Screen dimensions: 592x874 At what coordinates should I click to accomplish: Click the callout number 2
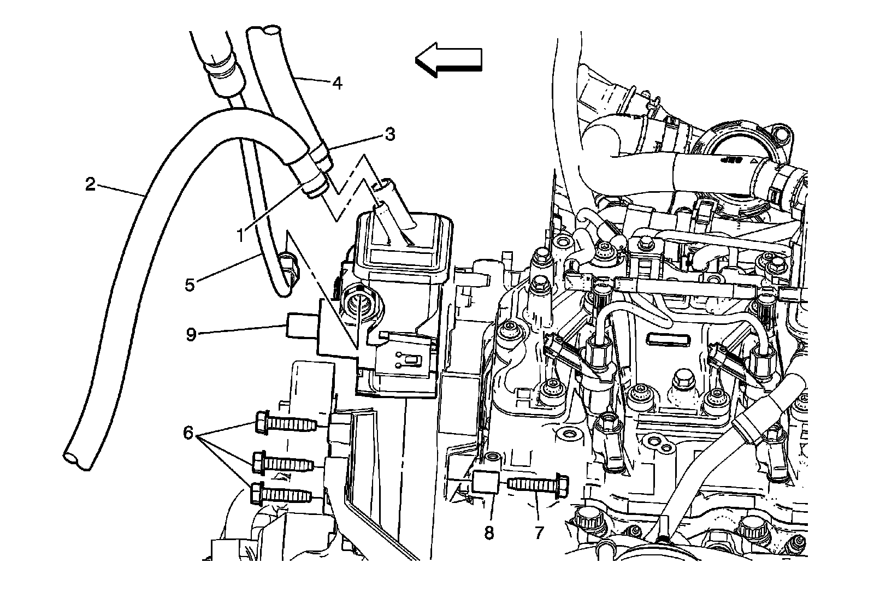[x=90, y=184]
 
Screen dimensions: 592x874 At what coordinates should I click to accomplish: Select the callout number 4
[x=338, y=84]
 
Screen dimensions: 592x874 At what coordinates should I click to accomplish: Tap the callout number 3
[x=389, y=134]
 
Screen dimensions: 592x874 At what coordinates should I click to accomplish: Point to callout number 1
[x=240, y=236]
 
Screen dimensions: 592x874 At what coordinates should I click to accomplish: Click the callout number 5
[x=190, y=285]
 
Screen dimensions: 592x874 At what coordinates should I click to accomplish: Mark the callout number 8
[x=489, y=532]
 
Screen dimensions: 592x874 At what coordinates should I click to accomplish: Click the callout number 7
[x=539, y=532]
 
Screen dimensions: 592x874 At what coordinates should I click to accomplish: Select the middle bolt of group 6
[x=281, y=463]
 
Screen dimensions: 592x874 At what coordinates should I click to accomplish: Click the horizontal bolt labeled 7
[x=538, y=483]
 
